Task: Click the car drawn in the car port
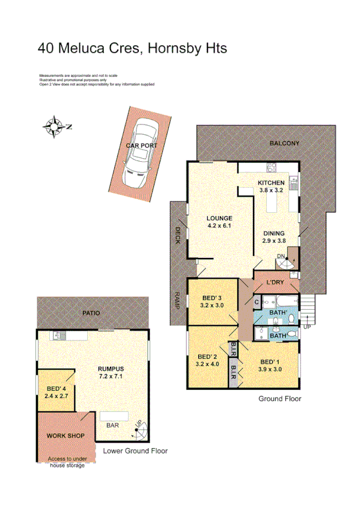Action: pyautogui.click(x=139, y=153)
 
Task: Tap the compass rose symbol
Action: pyautogui.click(x=55, y=126)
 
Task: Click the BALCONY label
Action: pyautogui.click(x=284, y=143)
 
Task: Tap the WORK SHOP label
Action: pyautogui.click(x=66, y=435)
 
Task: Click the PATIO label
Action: pyautogui.click(x=92, y=313)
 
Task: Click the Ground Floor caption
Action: pyautogui.click(x=279, y=399)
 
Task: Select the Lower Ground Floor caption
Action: pyautogui.click(x=135, y=450)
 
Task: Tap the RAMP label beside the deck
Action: pyautogui.click(x=178, y=299)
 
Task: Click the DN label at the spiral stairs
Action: pyautogui.click(x=280, y=257)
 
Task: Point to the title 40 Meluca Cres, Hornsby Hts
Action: pyautogui.click(x=132, y=48)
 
